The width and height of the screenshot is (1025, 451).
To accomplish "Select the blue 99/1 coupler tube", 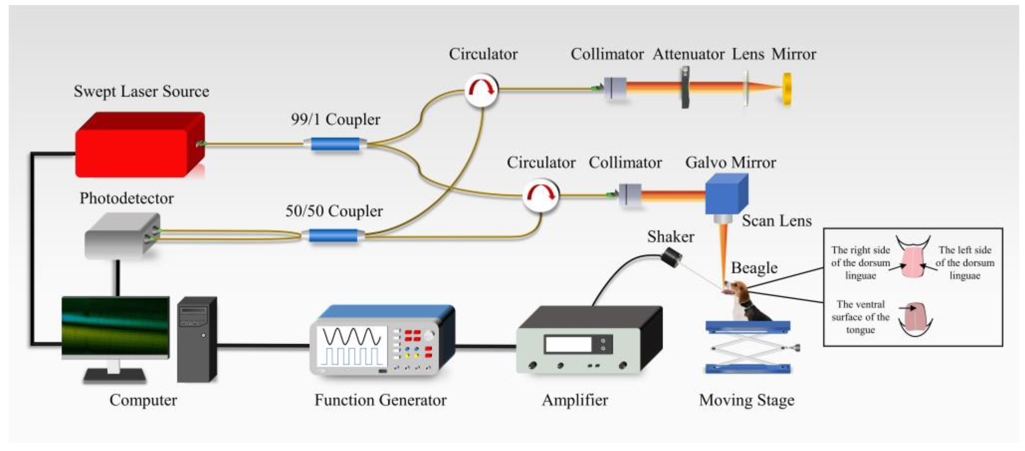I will [x=335, y=144].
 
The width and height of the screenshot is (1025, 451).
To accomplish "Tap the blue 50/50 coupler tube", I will [x=333, y=235].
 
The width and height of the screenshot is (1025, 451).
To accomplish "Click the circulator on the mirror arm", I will [x=481, y=90].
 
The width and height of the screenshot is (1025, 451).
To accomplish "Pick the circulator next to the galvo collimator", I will [x=540, y=195].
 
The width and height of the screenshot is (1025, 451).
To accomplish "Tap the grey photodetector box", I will [x=121, y=237].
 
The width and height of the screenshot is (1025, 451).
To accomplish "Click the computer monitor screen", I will [x=115, y=326].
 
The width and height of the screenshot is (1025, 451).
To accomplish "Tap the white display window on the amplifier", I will [x=568, y=345].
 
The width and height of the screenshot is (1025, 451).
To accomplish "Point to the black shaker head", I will [x=671, y=257].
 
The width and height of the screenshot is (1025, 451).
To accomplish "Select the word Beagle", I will [x=754, y=268].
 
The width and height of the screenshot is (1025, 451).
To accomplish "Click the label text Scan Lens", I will [x=776, y=221].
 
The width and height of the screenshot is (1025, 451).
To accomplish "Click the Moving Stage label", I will [x=746, y=400].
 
